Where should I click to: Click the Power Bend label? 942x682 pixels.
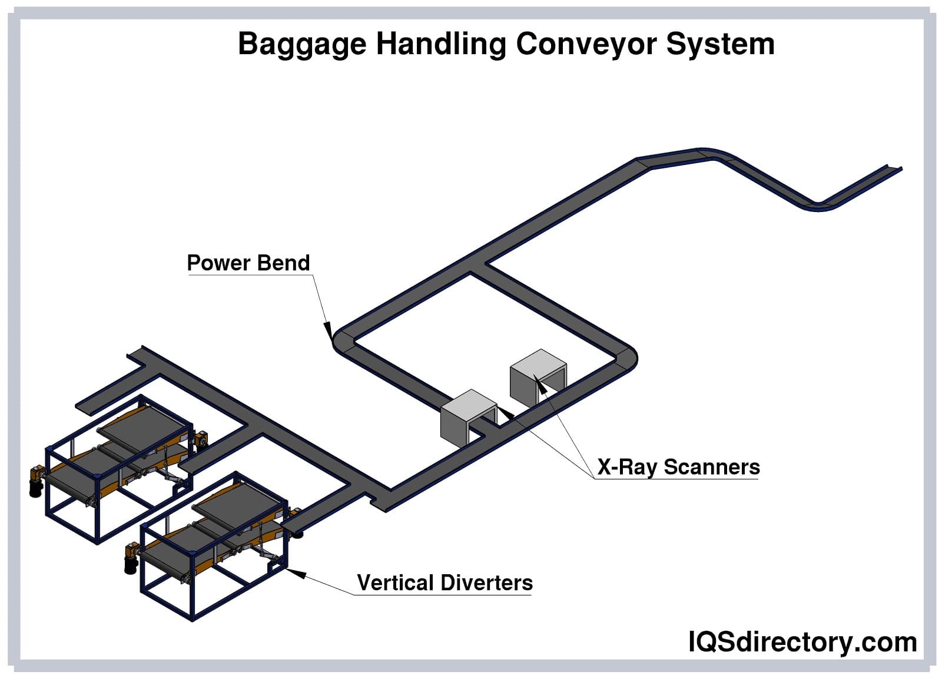[x=248, y=263]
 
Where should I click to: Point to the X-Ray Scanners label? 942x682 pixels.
[x=678, y=467]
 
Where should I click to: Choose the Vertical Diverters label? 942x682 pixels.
[x=445, y=582]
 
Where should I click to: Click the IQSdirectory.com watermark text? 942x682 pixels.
[x=802, y=641]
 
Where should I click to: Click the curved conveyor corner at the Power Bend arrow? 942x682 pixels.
[x=341, y=342]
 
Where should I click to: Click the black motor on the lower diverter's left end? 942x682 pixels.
[x=131, y=563]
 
